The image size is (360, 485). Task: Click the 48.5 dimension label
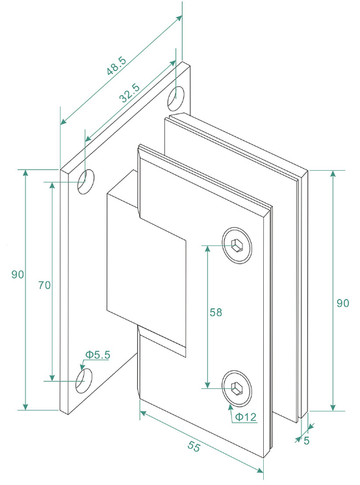pyautogui.click(x=117, y=66)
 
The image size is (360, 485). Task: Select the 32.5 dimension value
pyautogui.click(x=130, y=93)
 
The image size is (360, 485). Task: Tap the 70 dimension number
pyautogui.click(x=44, y=285)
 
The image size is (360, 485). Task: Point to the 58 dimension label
pyautogui.click(x=216, y=312)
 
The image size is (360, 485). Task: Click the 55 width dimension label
pyautogui.click(x=194, y=446)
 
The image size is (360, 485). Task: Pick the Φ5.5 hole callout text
pyautogui.click(x=98, y=354)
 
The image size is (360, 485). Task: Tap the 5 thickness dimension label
pyautogui.click(x=307, y=440)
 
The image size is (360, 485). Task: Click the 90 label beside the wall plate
pyautogui.click(x=18, y=274)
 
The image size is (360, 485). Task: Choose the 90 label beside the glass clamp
pyautogui.click(x=342, y=303)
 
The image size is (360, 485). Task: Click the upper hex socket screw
pyautogui.click(x=237, y=245)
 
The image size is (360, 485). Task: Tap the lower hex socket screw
pyautogui.click(x=237, y=388)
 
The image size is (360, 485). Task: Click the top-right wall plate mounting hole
pyautogui.click(x=176, y=99)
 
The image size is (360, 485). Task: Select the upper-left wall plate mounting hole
pyautogui.click(x=86, y=182)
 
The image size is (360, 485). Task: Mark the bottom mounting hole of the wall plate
pyautogui.click(x=84, y=380)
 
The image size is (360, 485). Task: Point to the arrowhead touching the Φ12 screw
pyautogui.click(x=230, y=407)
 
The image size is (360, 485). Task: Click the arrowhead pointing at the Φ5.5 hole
pyautogui.click(x=82, y=366)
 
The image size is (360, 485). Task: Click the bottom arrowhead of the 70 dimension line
pyautogui.click(x=52, y=377)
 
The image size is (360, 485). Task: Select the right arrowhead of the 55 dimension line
pyautogui.click(x=260, y=471)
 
